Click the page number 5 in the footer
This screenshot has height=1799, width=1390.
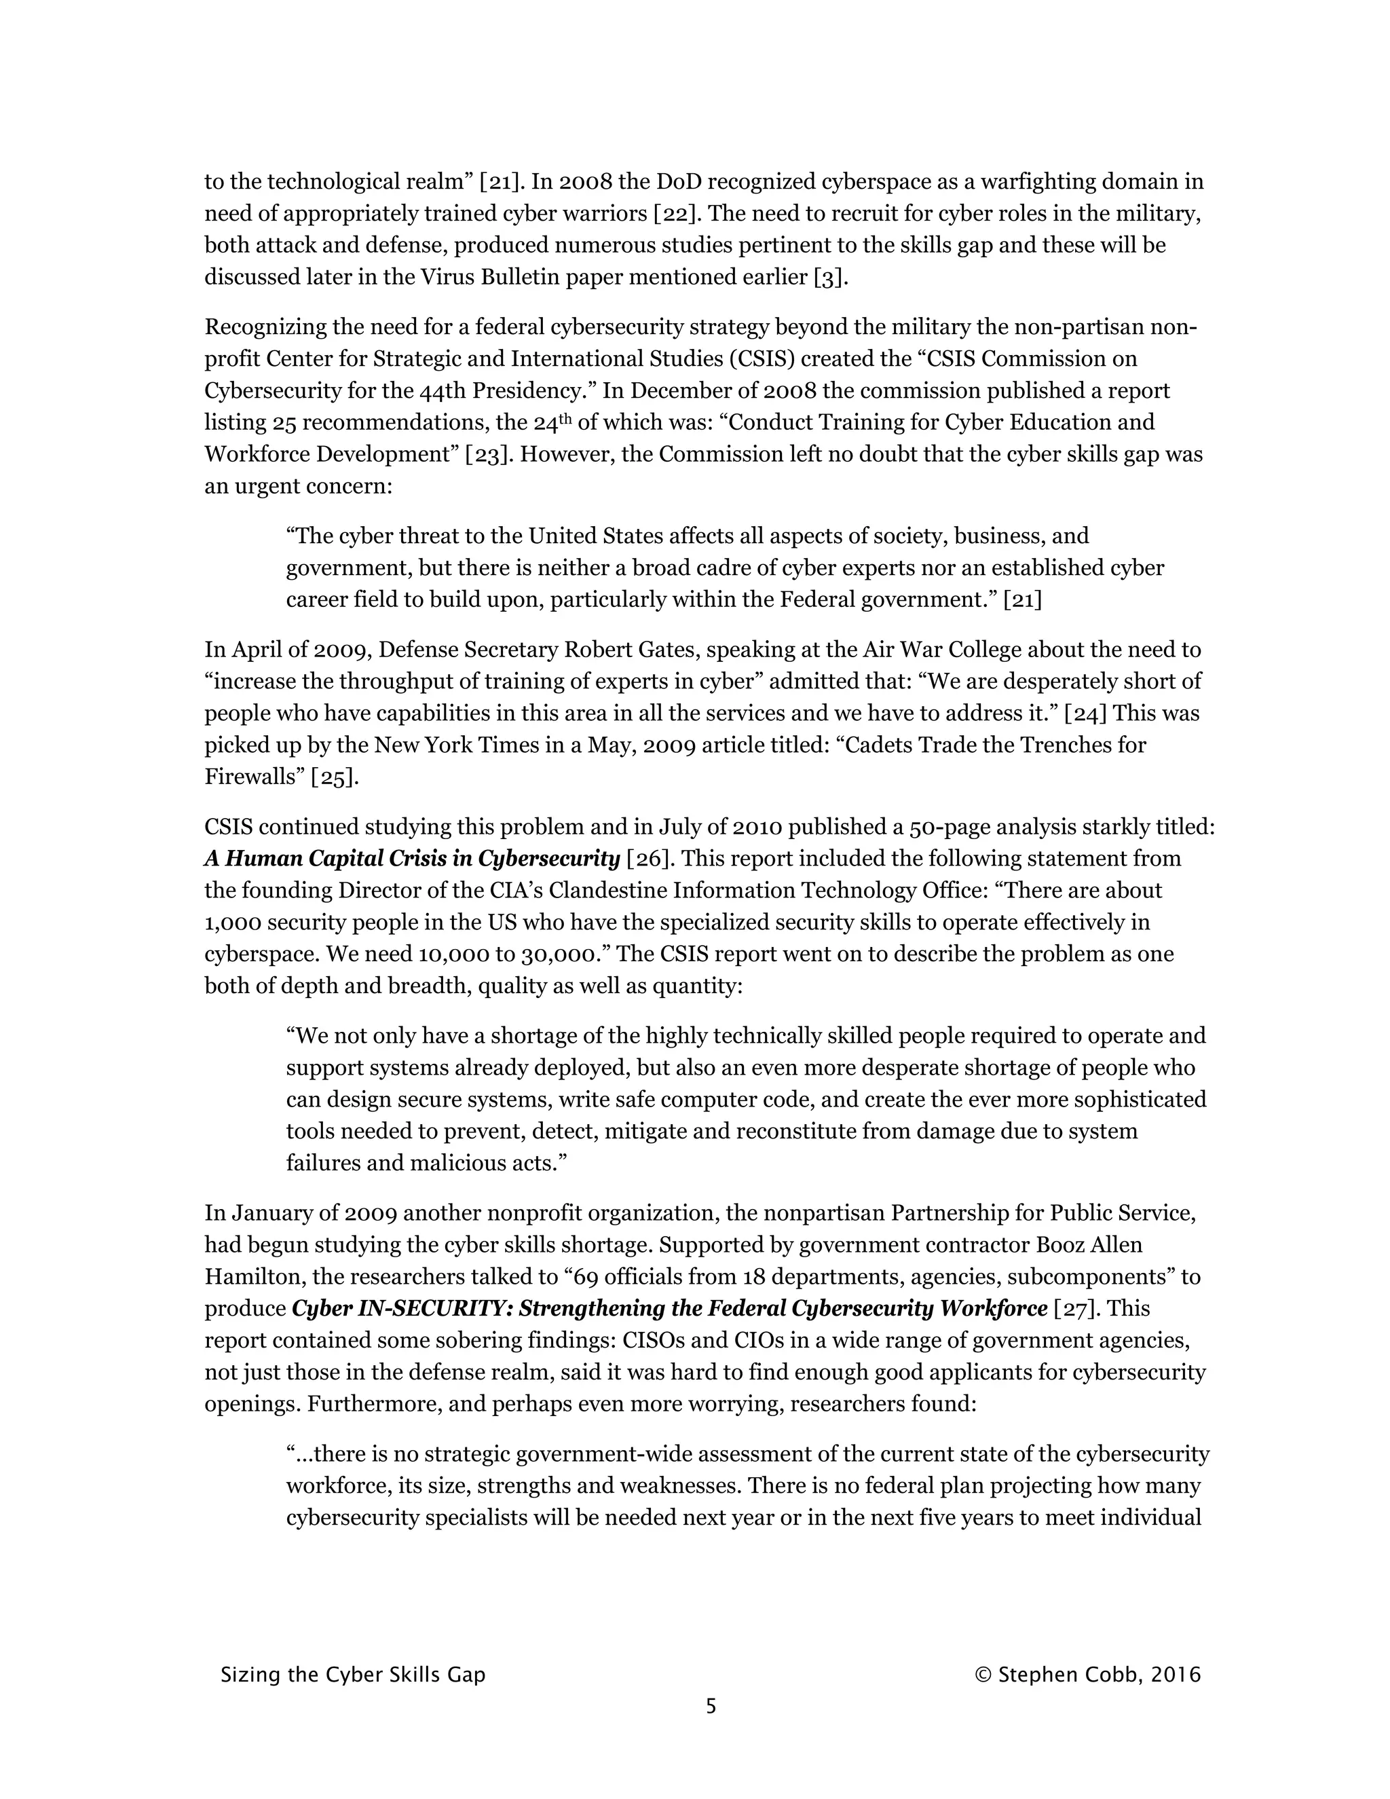click(x=711, y=1706)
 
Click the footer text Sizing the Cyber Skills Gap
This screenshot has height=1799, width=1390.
click(x=352, y=1675)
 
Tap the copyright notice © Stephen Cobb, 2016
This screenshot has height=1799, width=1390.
click(x=1087, y=1675)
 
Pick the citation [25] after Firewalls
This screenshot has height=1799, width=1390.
click(x=333, y=777)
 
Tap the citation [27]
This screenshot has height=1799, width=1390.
click(x=1076, y=1309)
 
